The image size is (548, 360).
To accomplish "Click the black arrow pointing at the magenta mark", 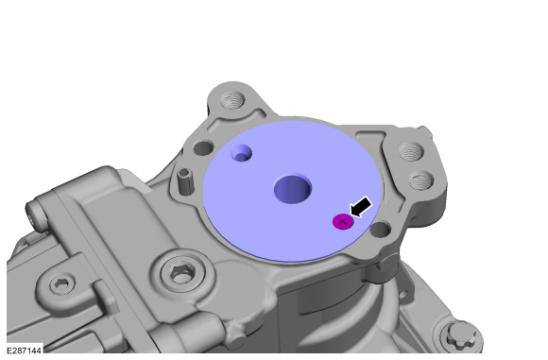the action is click(361, 207).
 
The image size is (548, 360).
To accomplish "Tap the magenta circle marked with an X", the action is click(342, 222).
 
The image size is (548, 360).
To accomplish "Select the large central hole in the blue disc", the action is click(293, 188).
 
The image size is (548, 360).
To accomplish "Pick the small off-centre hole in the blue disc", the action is click(241, 153).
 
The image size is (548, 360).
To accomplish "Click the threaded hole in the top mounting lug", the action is click(232, 99).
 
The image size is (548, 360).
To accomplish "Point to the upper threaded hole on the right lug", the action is click(412, 151).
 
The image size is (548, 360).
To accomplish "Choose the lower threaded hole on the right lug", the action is click(421, 180).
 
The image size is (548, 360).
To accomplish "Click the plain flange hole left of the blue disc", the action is click(204, 148).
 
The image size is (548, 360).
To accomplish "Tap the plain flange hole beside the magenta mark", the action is click(381, 230).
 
